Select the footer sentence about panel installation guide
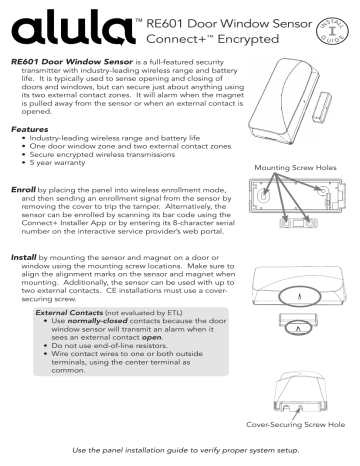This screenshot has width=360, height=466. [180, 454]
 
